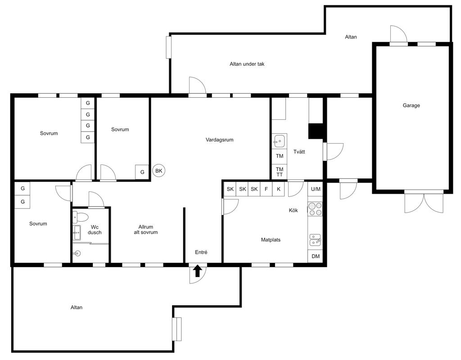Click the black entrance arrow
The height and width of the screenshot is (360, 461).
tap(198, 271)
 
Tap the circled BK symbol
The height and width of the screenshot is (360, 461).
tap(159, 171)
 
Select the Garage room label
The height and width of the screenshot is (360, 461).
tap(411, 105)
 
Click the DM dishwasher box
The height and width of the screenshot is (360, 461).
tap(316, 256)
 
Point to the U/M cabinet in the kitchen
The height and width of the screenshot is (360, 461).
tap(316, 189)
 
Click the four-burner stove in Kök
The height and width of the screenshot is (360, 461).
tap(315, 209)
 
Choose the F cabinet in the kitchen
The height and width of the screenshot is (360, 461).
tap(266, 189)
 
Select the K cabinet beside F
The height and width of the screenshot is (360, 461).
tap(278, 189)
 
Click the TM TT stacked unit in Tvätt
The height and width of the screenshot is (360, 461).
tap(279, 172)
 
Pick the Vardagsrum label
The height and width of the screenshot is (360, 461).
tap(219, 140)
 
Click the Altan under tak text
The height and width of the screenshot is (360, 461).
tap(247, 64)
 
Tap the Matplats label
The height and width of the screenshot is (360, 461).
tap(271, 240)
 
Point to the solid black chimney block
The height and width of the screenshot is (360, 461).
tap(316, 131)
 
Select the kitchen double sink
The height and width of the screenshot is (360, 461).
tap(315, 240)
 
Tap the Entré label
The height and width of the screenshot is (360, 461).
tap(201, 252)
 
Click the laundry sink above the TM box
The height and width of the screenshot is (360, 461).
tap(279, 141)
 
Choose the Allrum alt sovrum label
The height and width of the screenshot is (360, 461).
tap(146, 230)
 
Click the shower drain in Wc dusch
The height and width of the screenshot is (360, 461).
tap(78, 253)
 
